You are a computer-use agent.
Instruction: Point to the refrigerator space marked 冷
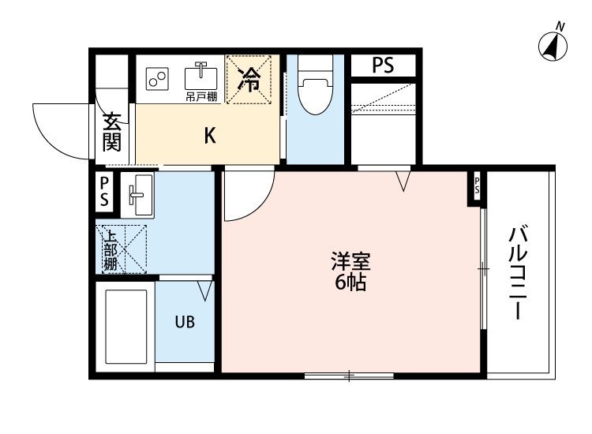click(x=249, y=80)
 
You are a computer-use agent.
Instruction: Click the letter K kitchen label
click(x=209, y=136)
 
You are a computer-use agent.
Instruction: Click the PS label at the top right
click(x=383, y=66)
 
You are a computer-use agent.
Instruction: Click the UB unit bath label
click(x=184, y=322)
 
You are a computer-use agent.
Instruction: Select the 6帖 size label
click(x=350, y=283)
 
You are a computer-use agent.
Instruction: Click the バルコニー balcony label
click(x=519, y=272)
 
